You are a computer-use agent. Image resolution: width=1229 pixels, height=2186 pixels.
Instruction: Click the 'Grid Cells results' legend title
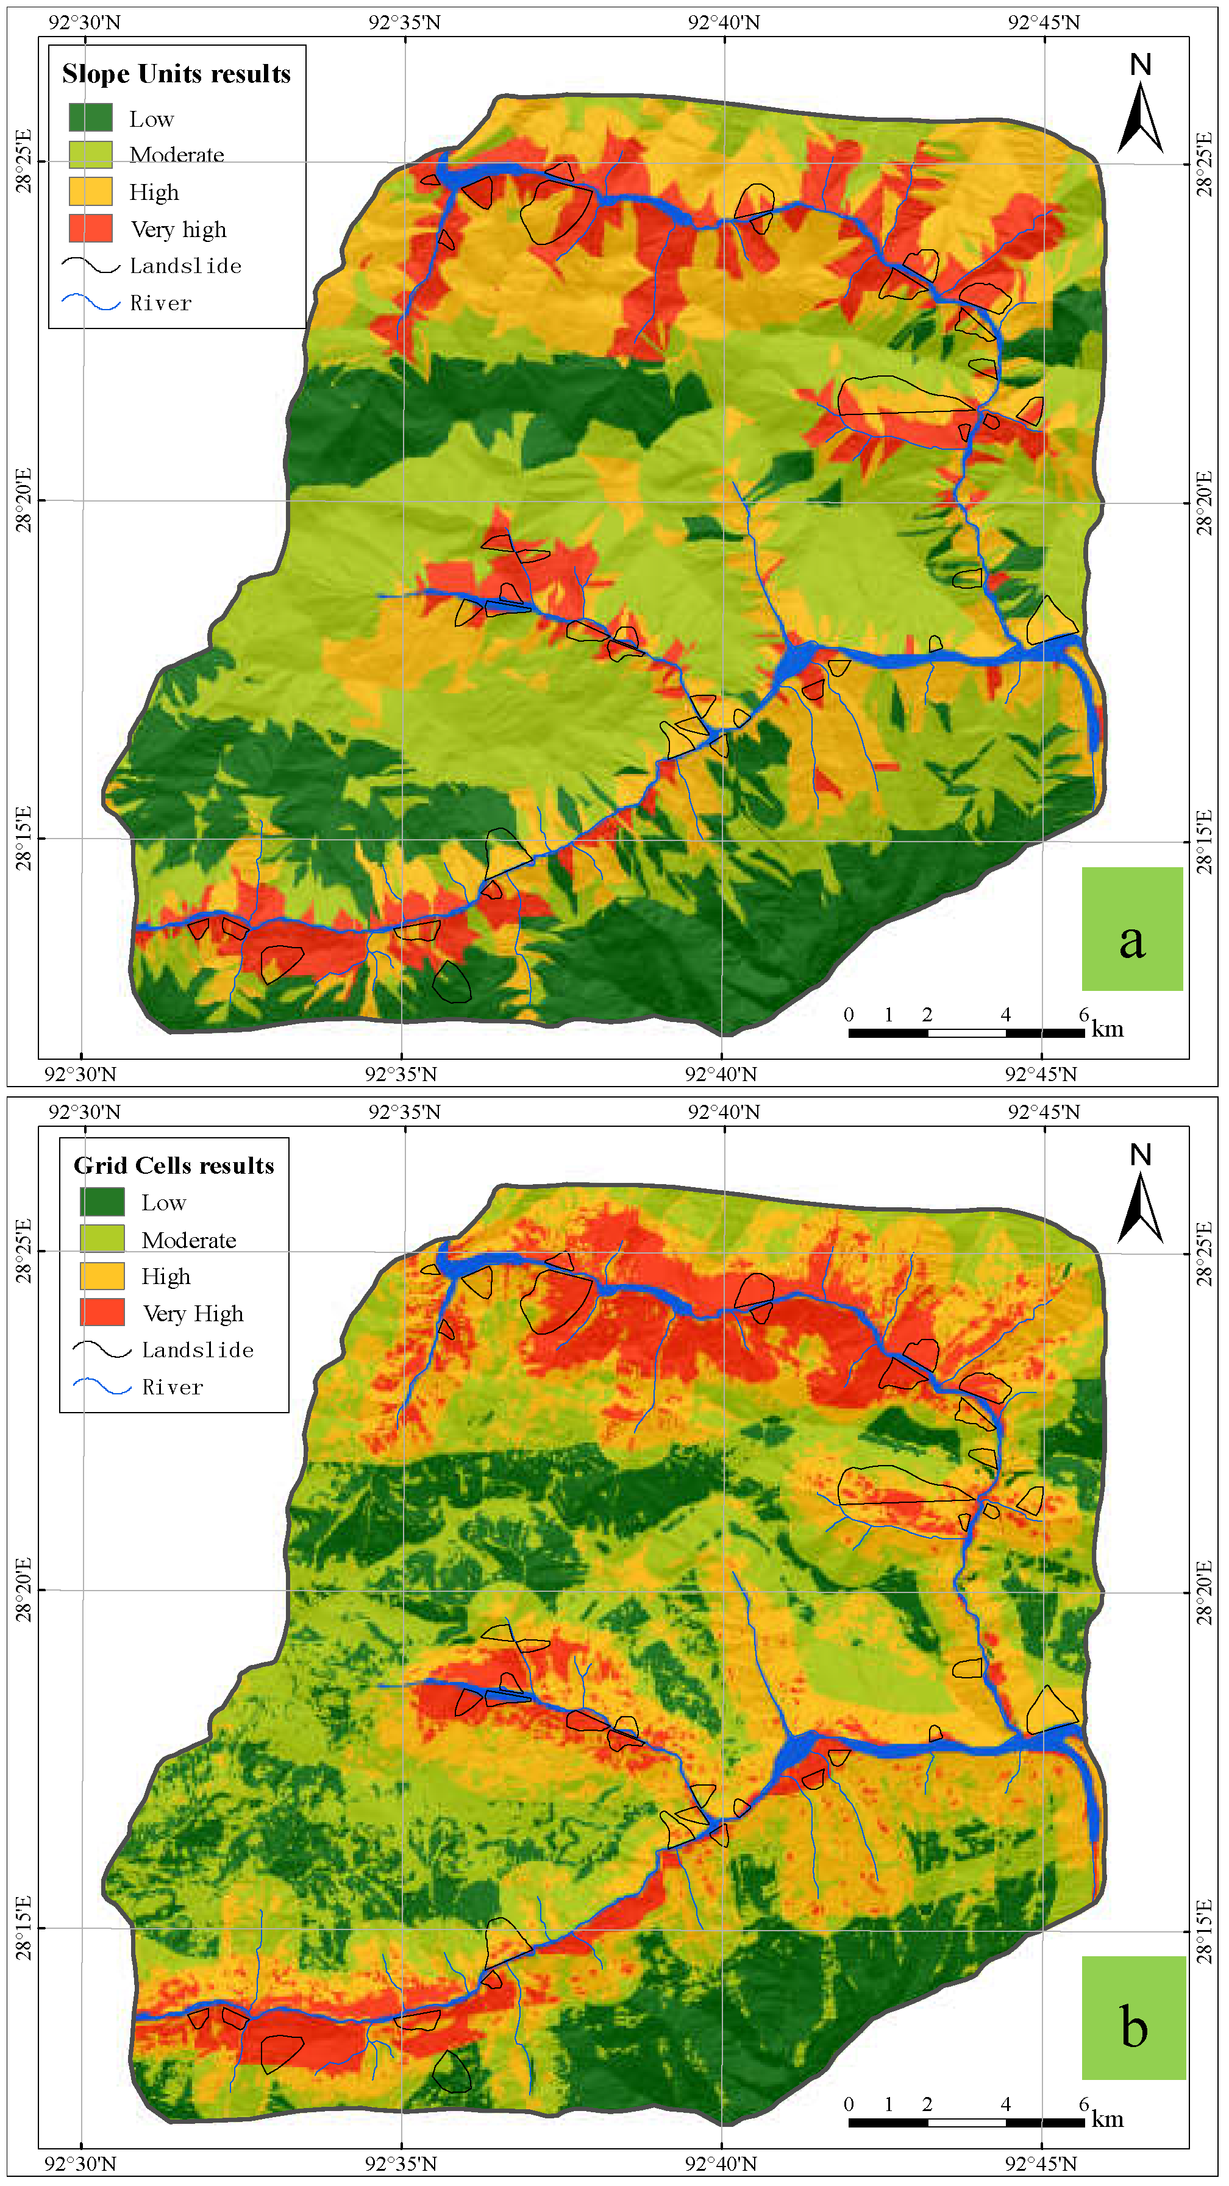[174, 1165]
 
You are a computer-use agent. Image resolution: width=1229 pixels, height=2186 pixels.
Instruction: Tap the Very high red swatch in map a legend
[90, 229]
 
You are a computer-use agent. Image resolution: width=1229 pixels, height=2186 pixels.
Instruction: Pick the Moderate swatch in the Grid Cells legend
[102, 1238]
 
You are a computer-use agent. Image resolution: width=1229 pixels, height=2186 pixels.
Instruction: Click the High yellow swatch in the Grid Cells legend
[102, 1276]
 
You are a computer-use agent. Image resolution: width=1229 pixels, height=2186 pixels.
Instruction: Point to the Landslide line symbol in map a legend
[90, 266]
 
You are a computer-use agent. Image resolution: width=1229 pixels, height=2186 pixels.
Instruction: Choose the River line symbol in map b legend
[102, 1386]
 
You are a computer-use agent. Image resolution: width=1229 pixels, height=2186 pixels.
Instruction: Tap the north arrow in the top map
[1140, 104]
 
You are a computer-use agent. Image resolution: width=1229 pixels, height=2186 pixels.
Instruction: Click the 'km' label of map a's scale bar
[1108, 1029]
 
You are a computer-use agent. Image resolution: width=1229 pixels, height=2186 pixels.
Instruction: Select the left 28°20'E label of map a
[24, 501]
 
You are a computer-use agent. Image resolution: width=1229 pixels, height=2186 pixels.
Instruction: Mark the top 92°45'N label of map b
[1043, 1112]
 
